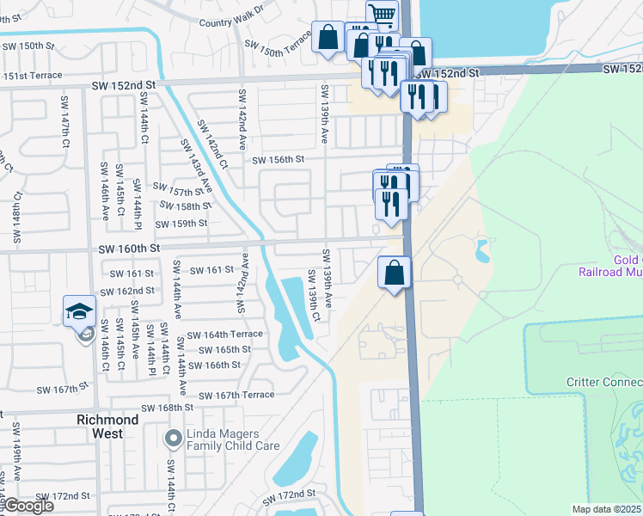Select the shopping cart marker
[x=382, y=14]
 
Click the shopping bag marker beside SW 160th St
[x=394, y=273]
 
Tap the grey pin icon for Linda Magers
[x=173, y=439]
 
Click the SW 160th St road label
[x=129, y=249]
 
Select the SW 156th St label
[x=279, y=159]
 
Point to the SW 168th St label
[x=163, y=408]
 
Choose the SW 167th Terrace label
[x=236, y=395]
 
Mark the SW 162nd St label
[x=126, y=292]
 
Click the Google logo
[x=28, y=506]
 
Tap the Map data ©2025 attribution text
[x=607, y=509]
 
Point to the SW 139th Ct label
[x=315, y=298]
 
